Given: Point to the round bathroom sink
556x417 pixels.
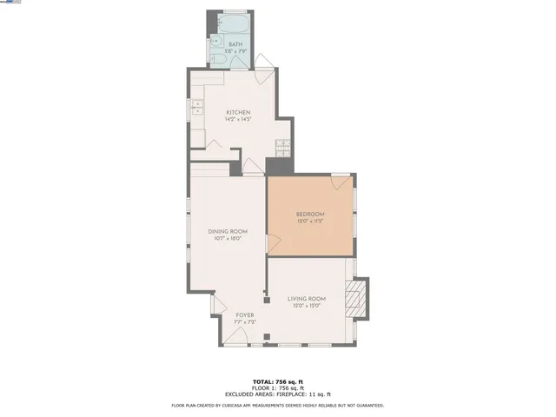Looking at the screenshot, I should (217, 41).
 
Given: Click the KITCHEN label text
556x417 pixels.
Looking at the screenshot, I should (238, 113).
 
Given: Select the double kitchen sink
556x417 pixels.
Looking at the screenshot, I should (196, 109).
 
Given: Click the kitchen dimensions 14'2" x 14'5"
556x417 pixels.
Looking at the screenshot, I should (238, 120).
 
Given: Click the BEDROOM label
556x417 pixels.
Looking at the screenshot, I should (310, 214).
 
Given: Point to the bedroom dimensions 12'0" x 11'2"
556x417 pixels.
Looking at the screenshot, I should (310, 221).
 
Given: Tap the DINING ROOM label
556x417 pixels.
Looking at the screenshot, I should (228, 231).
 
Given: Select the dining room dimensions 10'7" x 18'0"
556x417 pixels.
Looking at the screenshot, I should (228, 238).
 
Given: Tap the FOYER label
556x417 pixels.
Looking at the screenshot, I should (245, 314).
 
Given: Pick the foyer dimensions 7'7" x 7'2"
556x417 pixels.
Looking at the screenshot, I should (245, 321).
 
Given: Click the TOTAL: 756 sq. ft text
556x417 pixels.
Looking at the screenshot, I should (278, 381).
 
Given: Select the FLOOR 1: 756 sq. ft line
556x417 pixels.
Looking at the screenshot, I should (278, 388).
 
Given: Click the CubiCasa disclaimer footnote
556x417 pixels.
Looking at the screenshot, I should (278, 405).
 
